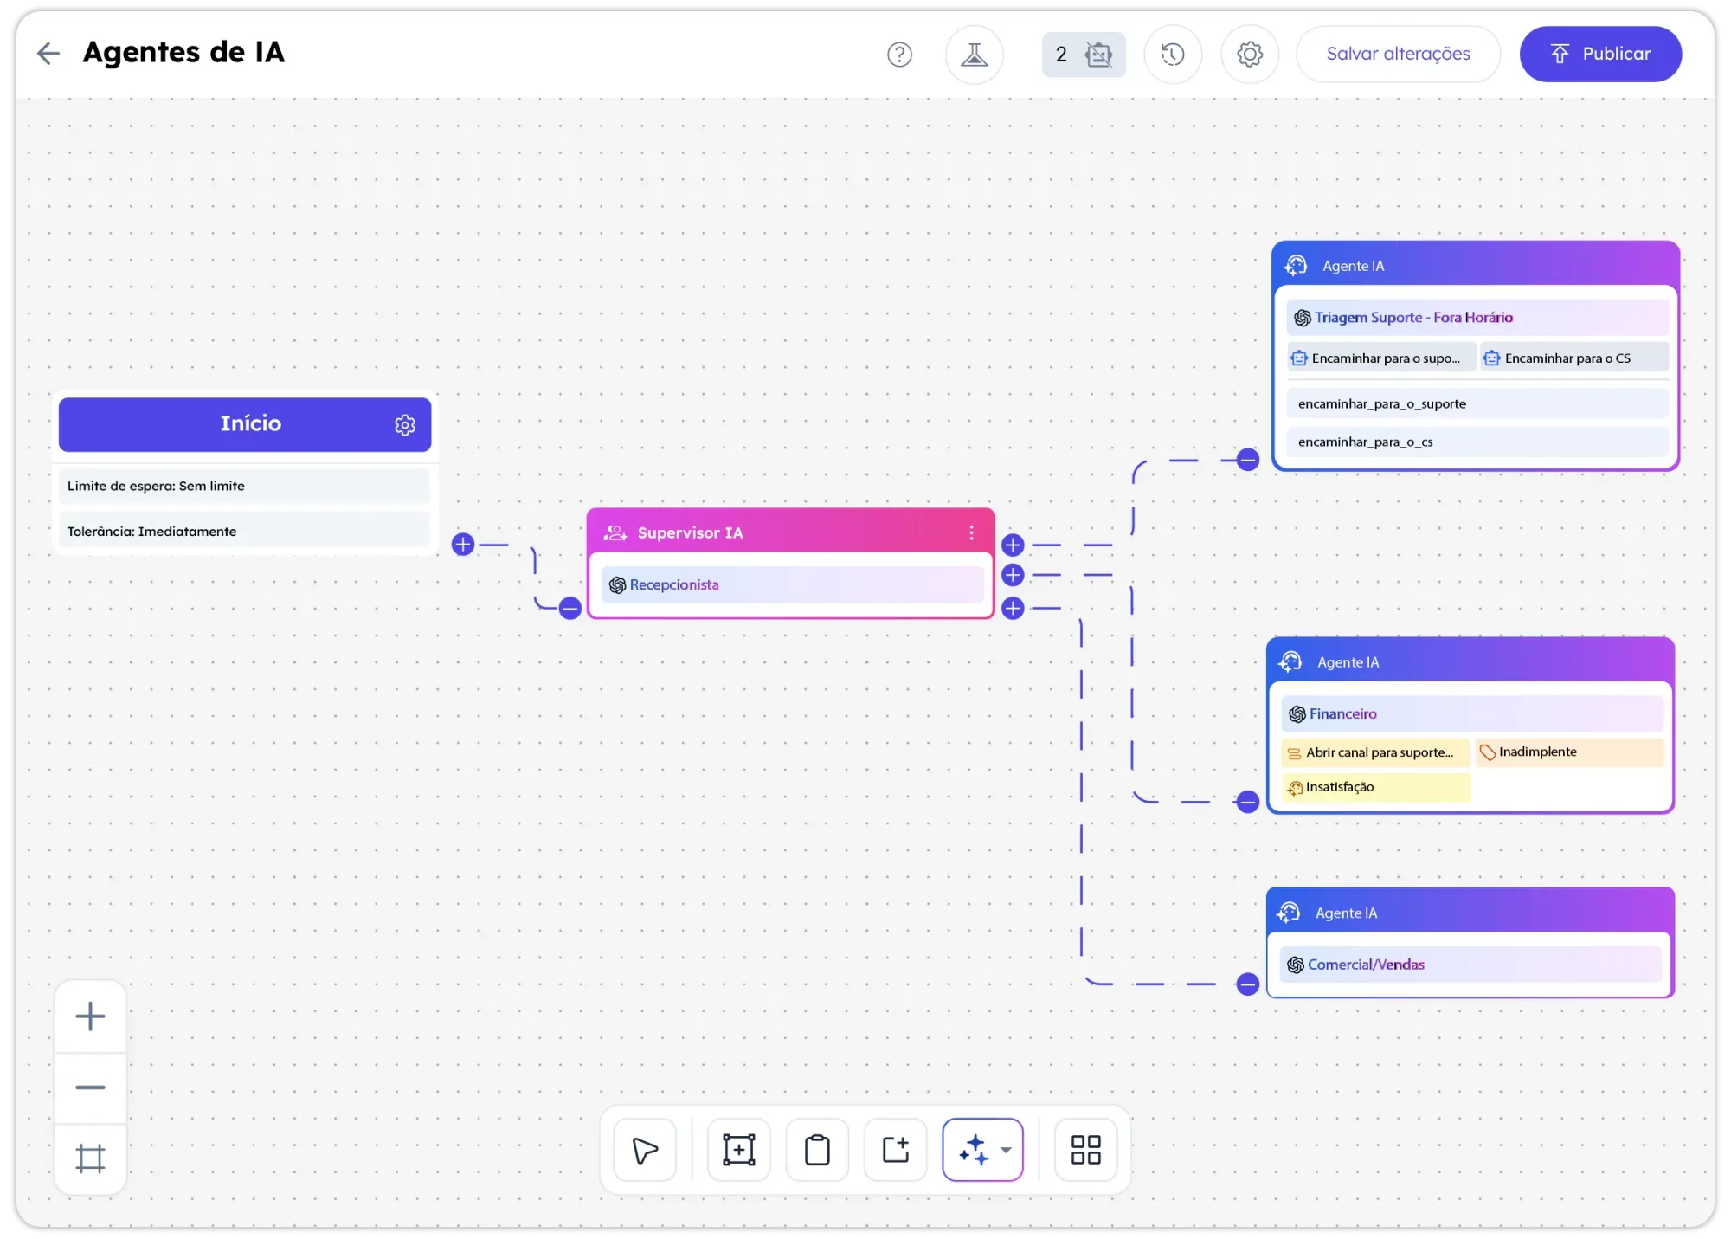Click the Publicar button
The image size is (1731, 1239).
[x=1600, y=54]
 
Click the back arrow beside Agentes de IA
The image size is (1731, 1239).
[x=48, y=54]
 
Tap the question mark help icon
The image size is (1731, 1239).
[x=899, y=55]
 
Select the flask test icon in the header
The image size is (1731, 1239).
[x=974, y=55]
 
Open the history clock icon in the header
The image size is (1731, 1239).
[x=1172, y=55]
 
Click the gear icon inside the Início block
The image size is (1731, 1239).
[x=405, y=425]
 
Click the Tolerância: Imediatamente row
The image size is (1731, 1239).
[x=244, y=532]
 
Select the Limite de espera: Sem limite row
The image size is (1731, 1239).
[x=244, y=486]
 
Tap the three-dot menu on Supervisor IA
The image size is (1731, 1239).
[x=971, y=532]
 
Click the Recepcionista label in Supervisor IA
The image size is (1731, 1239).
[x=673, y=585]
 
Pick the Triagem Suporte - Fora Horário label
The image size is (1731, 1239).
[x=1412, y=318]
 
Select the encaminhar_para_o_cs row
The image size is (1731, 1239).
[x=1477, y=442]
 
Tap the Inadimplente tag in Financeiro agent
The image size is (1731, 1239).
[x=1537, y=752]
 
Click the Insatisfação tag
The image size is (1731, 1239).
[x=1339, y=787]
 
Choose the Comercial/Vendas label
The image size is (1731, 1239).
[x=1365, y=965]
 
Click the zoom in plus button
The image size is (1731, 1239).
[x=90, y=1016]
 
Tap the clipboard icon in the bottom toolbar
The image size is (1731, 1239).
[x=817, y=1150]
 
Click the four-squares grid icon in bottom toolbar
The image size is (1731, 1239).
[x=1085, y=1150]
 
